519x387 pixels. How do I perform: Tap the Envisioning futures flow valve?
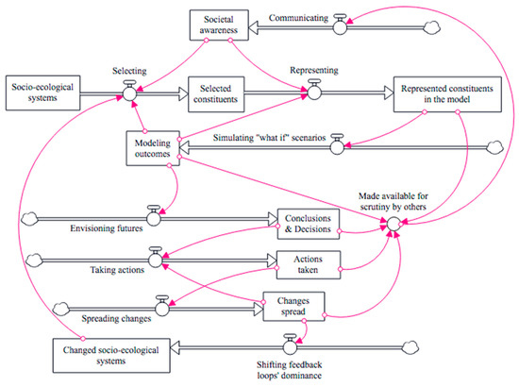point(151,218)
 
